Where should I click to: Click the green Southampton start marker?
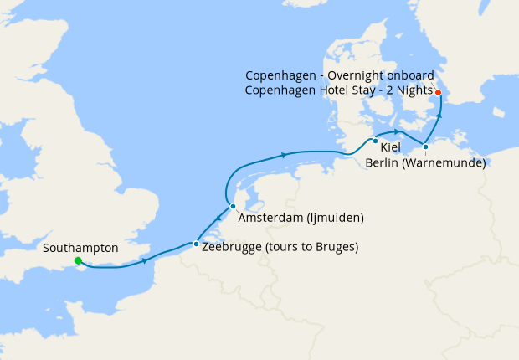pyautogui.click(x=78, y=261)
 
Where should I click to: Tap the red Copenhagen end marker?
pyautogui.click(x=438, y=92)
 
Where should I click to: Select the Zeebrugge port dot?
pyautogui.click(x=196, y=244)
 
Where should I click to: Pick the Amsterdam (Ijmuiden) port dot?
pyautogui.click(x=234, y=206)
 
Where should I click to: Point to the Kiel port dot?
pyautogui.click(x=376, y=140)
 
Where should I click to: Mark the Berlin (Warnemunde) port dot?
pyautogui.click(x=425, y=147)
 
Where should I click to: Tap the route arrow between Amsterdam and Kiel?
pyautogui.click(x=285, y=154)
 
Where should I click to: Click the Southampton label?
pyautogui.click(x=80, y=248)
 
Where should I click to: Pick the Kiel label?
pyautogui.click(x=390, y=147)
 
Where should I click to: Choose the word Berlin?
pyautogui.click(x=383, y=163)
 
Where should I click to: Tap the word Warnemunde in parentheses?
pyautogui.click(x=446, y=163)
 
